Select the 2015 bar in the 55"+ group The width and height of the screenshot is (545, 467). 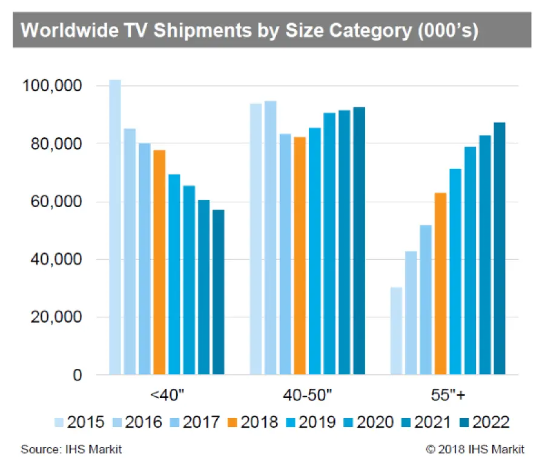[396, 331]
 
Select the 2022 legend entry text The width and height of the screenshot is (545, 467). [492, 422]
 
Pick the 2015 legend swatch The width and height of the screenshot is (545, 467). [59, 422]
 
